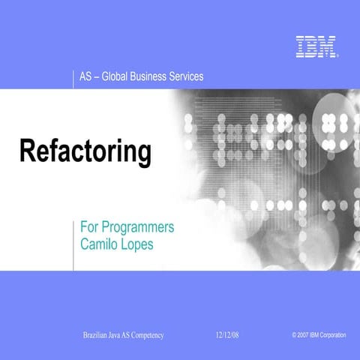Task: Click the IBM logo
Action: click(316, 46)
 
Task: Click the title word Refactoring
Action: click(85, 151)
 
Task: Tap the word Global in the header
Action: click(118, 76)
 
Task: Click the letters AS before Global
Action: click(85, 76)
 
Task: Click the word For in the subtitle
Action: click(88, 226)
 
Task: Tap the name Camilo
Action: click(100, 244)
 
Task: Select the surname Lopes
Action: click(138, 244)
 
